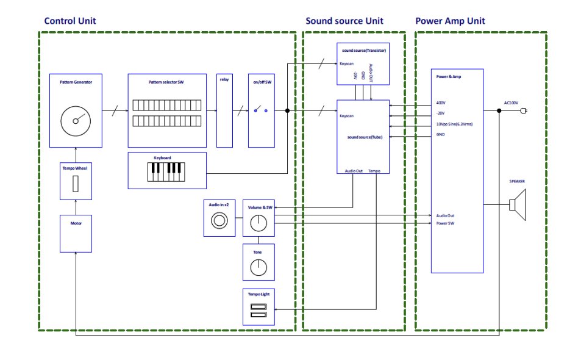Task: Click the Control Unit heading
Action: click(x=70, y=21)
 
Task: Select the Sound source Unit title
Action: click(x=344, y=21)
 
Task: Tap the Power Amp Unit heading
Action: click(x=450, y=21)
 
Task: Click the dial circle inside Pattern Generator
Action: click(x=76, y=120)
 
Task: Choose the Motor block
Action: click(x=76, y=234)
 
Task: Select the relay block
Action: click(x=224, y=110)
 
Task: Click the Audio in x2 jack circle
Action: click(x=218, y=221)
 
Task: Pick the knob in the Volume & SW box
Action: click(x=258, y=223)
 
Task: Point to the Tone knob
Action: click(x=258, y=267)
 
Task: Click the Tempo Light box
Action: click(x=258, y=308)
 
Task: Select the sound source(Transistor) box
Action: click(x=363, y=63)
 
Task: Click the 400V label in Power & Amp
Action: click(x=441, y=103)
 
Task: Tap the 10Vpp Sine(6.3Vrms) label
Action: click(x=454, y=124)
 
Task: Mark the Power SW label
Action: click(x=446, y=223)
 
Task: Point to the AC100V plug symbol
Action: click(x=524, y=110)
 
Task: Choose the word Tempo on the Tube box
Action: click(x=374, y=171)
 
